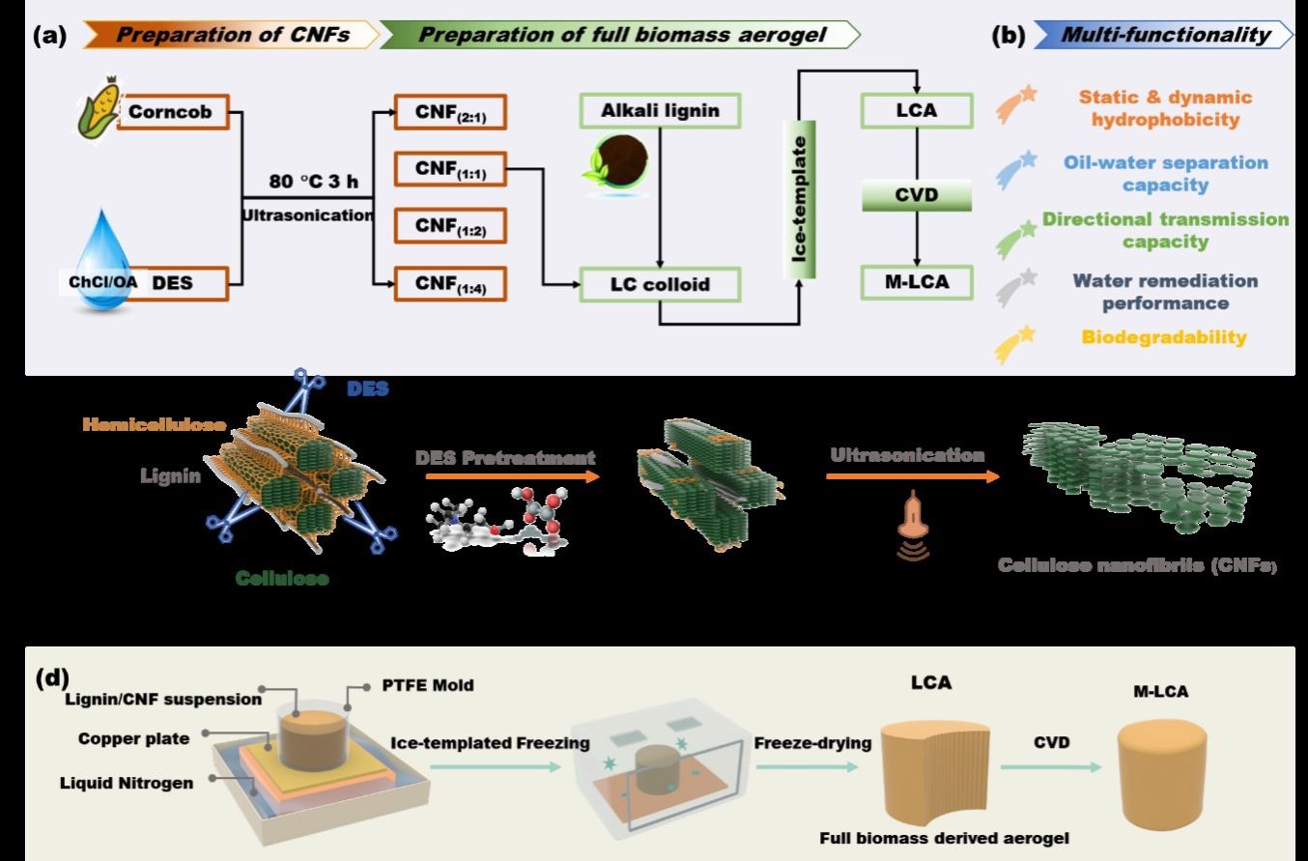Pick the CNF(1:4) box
(450, 283)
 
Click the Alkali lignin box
(661, 112)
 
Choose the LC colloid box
(661, 285)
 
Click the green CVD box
(916, 197)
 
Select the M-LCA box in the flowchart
(916, 283)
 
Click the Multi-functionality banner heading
(1165, 36)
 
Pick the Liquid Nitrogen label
(139, 783)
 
